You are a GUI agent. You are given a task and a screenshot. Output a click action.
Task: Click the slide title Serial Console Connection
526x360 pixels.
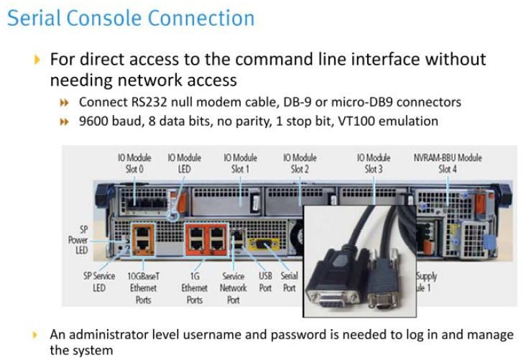(131, 17)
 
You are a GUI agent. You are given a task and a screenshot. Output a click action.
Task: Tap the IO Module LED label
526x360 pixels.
(184, 163)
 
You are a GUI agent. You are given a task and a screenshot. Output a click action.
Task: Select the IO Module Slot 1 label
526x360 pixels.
(240, 163)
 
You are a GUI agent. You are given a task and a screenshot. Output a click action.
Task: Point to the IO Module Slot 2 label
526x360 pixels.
(300, 163)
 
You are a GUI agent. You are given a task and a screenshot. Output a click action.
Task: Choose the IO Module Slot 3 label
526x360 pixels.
(373, 163)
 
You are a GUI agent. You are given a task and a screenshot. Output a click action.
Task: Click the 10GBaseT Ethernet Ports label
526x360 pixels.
(143, 287)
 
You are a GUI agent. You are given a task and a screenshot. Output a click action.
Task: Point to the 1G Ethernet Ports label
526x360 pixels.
(195, 287)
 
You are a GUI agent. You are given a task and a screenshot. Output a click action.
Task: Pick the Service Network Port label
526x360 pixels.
(233, 287)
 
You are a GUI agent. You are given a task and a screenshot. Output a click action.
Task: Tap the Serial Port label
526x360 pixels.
(289, 281)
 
